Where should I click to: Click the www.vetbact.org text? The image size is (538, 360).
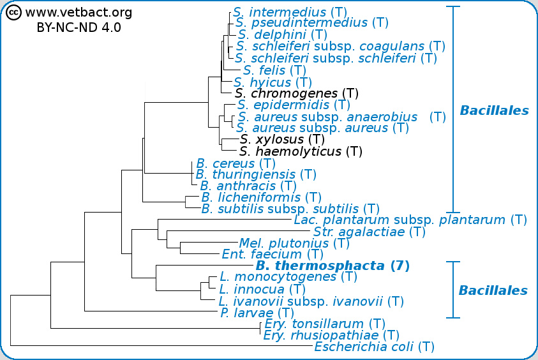(78, 12)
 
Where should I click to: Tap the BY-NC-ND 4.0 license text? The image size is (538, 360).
(78, 28)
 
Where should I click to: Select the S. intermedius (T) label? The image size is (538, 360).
(280, 11)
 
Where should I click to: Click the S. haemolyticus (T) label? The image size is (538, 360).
(301, 152)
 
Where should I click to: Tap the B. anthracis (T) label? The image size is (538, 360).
(248, 186)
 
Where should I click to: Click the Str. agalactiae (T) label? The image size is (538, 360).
(369, 232)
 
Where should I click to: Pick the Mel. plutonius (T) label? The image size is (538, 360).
(294, 243)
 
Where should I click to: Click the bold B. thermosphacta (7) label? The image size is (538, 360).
(332, 266)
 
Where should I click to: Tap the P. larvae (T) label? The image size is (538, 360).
(257, 313)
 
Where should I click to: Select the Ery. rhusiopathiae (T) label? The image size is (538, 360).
(331, 335)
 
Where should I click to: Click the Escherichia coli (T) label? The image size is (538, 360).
(374, 347)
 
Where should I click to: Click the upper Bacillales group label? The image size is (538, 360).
(494, 111)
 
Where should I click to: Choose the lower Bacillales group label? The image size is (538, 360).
(493, 291)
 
